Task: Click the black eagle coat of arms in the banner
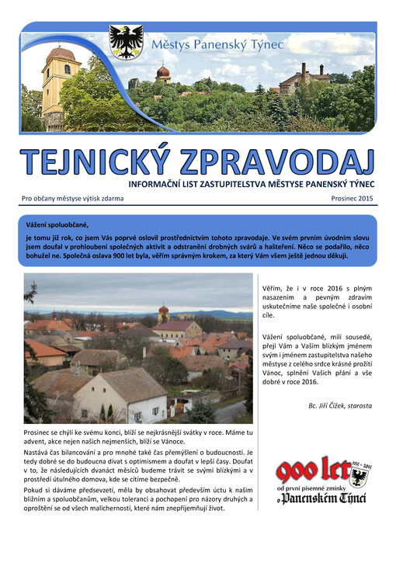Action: point(126,43)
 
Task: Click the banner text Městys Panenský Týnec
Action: point(217,46)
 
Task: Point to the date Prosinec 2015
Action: point(352,199)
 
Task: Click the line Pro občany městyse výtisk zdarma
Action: point(72,199)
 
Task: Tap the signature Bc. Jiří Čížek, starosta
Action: point(340,405)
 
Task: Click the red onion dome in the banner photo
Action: point(163,72)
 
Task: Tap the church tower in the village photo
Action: point(163,314)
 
